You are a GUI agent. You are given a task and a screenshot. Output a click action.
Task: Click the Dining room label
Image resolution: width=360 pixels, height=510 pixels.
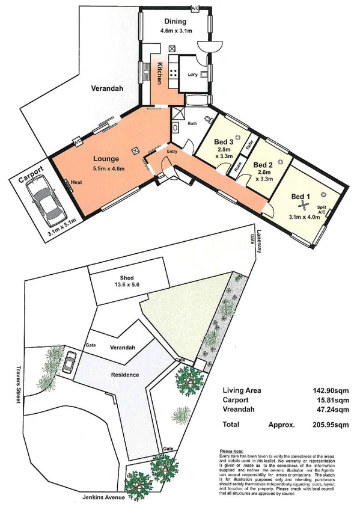point(175,22)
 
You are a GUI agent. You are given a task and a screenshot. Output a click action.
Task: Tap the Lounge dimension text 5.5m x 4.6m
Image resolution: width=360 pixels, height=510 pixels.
point(109,168)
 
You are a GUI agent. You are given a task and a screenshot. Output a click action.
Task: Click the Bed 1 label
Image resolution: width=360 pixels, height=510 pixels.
point(301,197)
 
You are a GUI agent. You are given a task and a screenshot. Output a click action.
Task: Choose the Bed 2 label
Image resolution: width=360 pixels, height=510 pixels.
point(263,165)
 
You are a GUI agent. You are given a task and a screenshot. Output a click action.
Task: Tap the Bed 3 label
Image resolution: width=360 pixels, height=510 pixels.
point(224,143)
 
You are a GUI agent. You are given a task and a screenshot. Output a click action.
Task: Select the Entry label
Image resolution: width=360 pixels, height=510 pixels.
point(172,152)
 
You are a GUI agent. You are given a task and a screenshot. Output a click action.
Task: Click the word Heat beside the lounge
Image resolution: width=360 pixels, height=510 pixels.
point(76,182)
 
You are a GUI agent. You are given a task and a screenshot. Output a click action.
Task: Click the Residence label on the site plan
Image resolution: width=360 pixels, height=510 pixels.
point(125,375)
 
